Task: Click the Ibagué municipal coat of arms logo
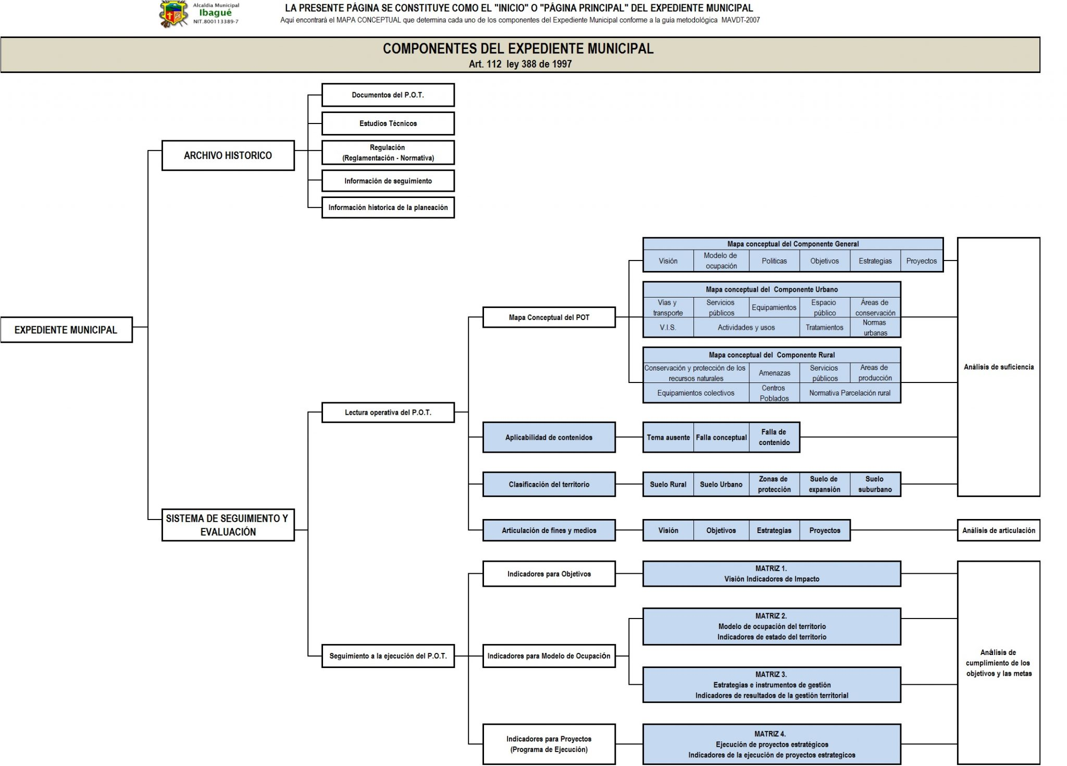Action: point(173,14)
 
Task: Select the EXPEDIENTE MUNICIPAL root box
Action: point(66,330)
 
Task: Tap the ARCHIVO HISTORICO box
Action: point(228,155)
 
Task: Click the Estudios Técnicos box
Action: point(388,123)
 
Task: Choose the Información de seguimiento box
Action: point(388,181)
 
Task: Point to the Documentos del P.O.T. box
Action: point(388,95)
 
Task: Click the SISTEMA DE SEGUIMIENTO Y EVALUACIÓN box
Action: point(228,525)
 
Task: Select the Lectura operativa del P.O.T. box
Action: point(388,412)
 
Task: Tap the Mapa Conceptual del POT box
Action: point(549,317)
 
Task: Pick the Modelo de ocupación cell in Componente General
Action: point(721,261)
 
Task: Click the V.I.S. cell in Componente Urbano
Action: point(667,327)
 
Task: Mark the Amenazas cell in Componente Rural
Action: point(774,373)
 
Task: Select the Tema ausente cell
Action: point(668,437)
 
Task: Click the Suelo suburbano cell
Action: point(875,484)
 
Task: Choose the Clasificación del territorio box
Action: point(549,484)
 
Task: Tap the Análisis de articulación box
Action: point(998,530)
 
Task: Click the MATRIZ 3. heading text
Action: point(771,674)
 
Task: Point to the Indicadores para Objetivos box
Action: point(549,574)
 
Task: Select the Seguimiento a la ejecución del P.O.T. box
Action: point(388,656)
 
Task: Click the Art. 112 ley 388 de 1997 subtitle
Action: point(520,64)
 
